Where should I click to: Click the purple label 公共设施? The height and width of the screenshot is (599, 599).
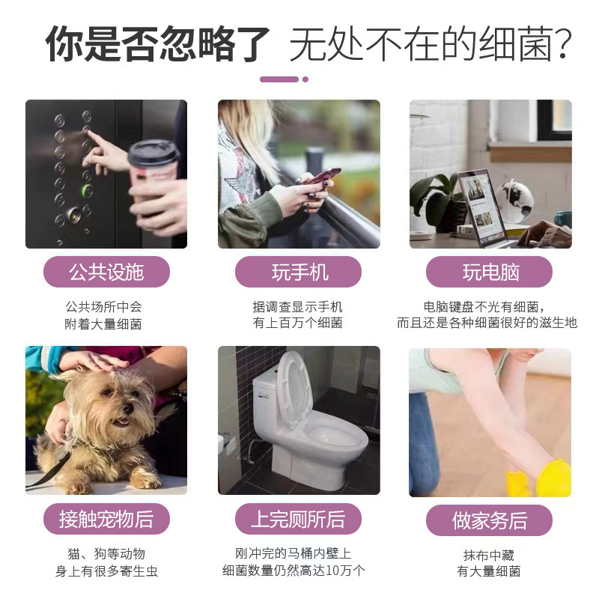[106, 272]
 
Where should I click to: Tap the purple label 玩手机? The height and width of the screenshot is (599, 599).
[298, 272]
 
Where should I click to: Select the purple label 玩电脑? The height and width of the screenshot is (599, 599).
[490, 272]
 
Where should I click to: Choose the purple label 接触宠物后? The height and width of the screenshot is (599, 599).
[106, 519]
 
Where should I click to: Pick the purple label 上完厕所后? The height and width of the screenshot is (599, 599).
[298, 519]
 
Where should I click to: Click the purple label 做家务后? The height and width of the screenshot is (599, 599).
[490, 520]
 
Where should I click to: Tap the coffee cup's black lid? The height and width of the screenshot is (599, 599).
[153, 153]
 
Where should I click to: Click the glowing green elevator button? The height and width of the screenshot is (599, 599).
[88, 190]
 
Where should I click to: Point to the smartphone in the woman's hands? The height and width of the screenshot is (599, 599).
[323, 176]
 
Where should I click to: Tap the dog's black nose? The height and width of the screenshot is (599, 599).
[127, 408]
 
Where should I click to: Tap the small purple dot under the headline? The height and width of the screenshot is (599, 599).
[305, 79]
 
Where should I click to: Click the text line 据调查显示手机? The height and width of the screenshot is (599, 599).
[297, 307]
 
